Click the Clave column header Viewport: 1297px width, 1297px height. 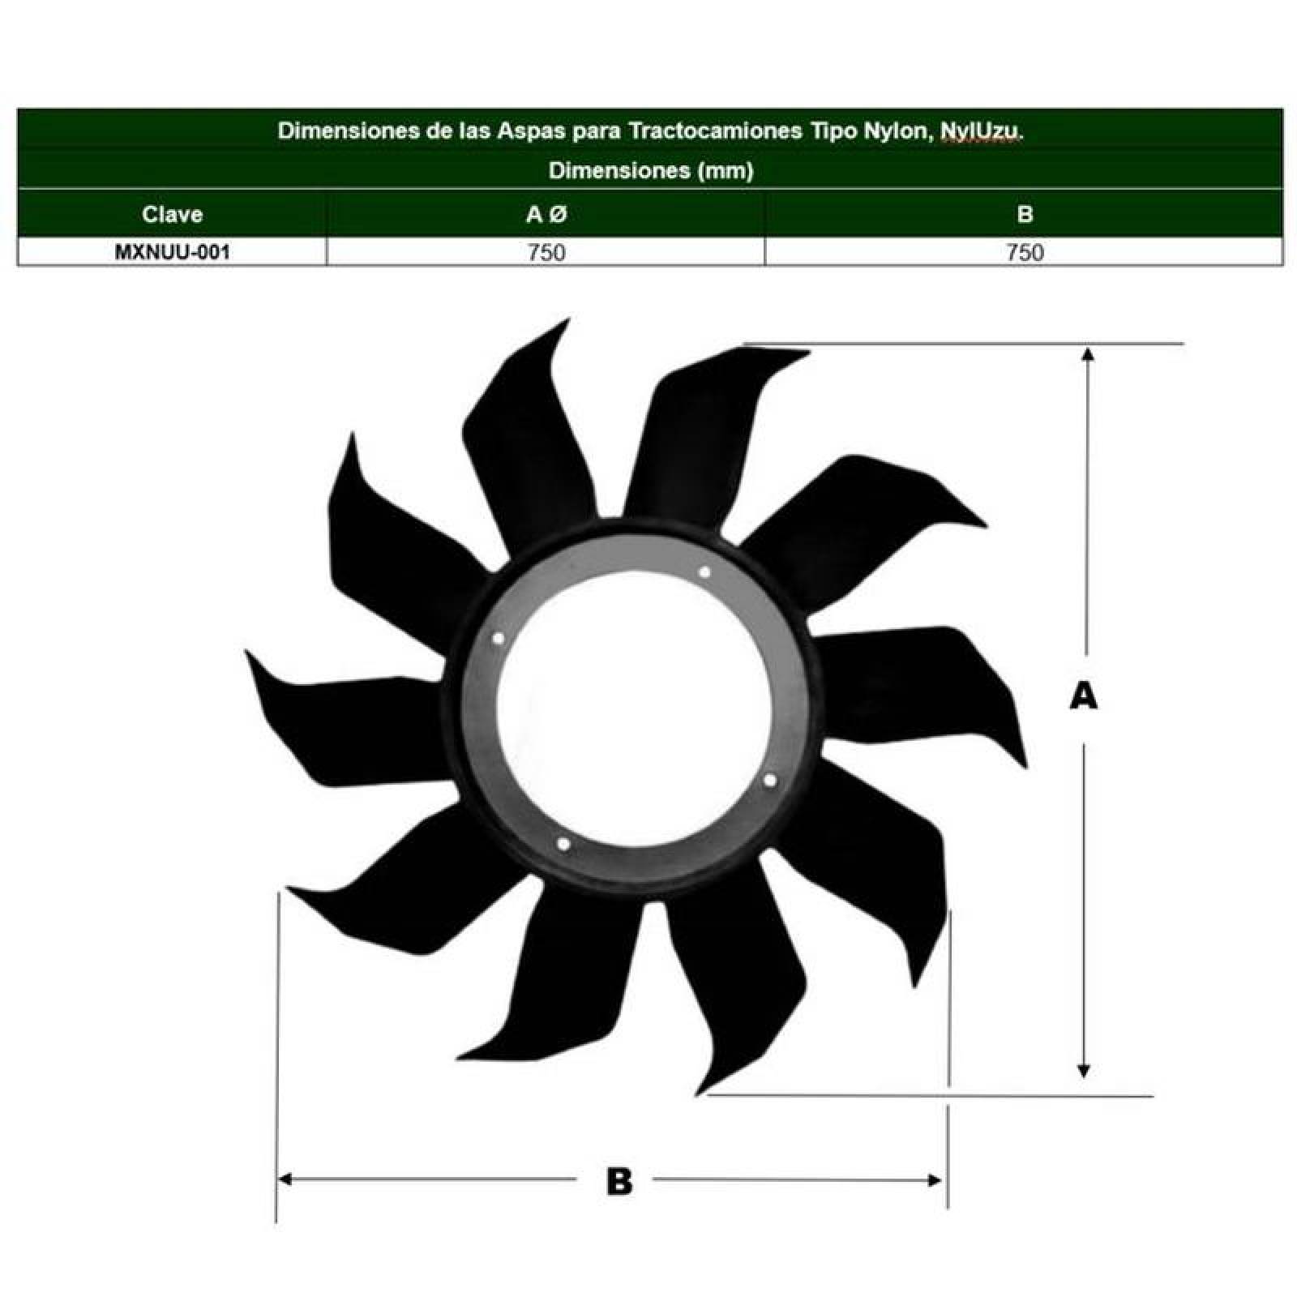[x=172, y=214]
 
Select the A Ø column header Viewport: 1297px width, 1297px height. [x=546, y=214]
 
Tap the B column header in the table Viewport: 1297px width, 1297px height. [x=1025, y=214]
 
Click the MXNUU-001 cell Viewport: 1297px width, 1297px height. [x=172, y=251]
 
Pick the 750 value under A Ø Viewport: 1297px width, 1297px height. [x=546, y=252]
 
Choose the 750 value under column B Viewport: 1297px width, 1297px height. [x=1025, y=252]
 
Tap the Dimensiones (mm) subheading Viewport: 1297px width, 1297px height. [x=651, y=170]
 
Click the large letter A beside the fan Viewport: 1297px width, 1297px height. [x=1084, y=696]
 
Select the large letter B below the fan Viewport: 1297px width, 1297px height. [x=619, y=1181]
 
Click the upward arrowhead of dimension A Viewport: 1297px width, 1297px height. [x=1088, y=353]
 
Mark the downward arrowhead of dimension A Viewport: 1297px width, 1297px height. [x=1083, y=1071]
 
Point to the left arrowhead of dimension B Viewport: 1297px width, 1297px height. [x=285, y=1179]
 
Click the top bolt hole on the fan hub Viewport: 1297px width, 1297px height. [x=704, y=572]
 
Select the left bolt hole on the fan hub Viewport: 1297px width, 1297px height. [x=499, y=639]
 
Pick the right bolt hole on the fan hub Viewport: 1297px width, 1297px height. [x=770, y=780]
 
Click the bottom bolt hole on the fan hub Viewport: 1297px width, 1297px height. [x=563, y=845]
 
